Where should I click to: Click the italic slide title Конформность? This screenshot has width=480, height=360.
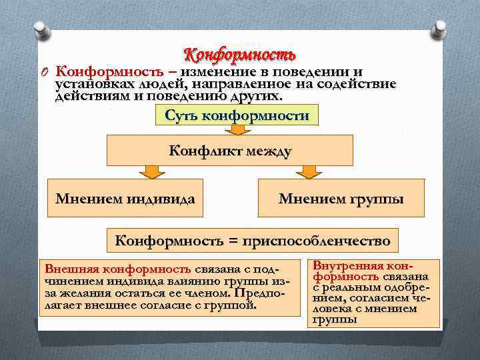[x=239, y=53]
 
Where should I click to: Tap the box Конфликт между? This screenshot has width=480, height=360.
[x=230, y=151]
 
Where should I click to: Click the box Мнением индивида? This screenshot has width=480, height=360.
[x=125, y=198]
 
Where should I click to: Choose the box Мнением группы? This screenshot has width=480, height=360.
[x=341, y=198]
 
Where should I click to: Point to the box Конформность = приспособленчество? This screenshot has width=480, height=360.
[x=253, y=239]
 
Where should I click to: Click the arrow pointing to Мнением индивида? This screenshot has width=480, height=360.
[x=153, y=172]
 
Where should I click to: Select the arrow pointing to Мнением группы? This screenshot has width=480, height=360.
[x=307, y=172]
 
